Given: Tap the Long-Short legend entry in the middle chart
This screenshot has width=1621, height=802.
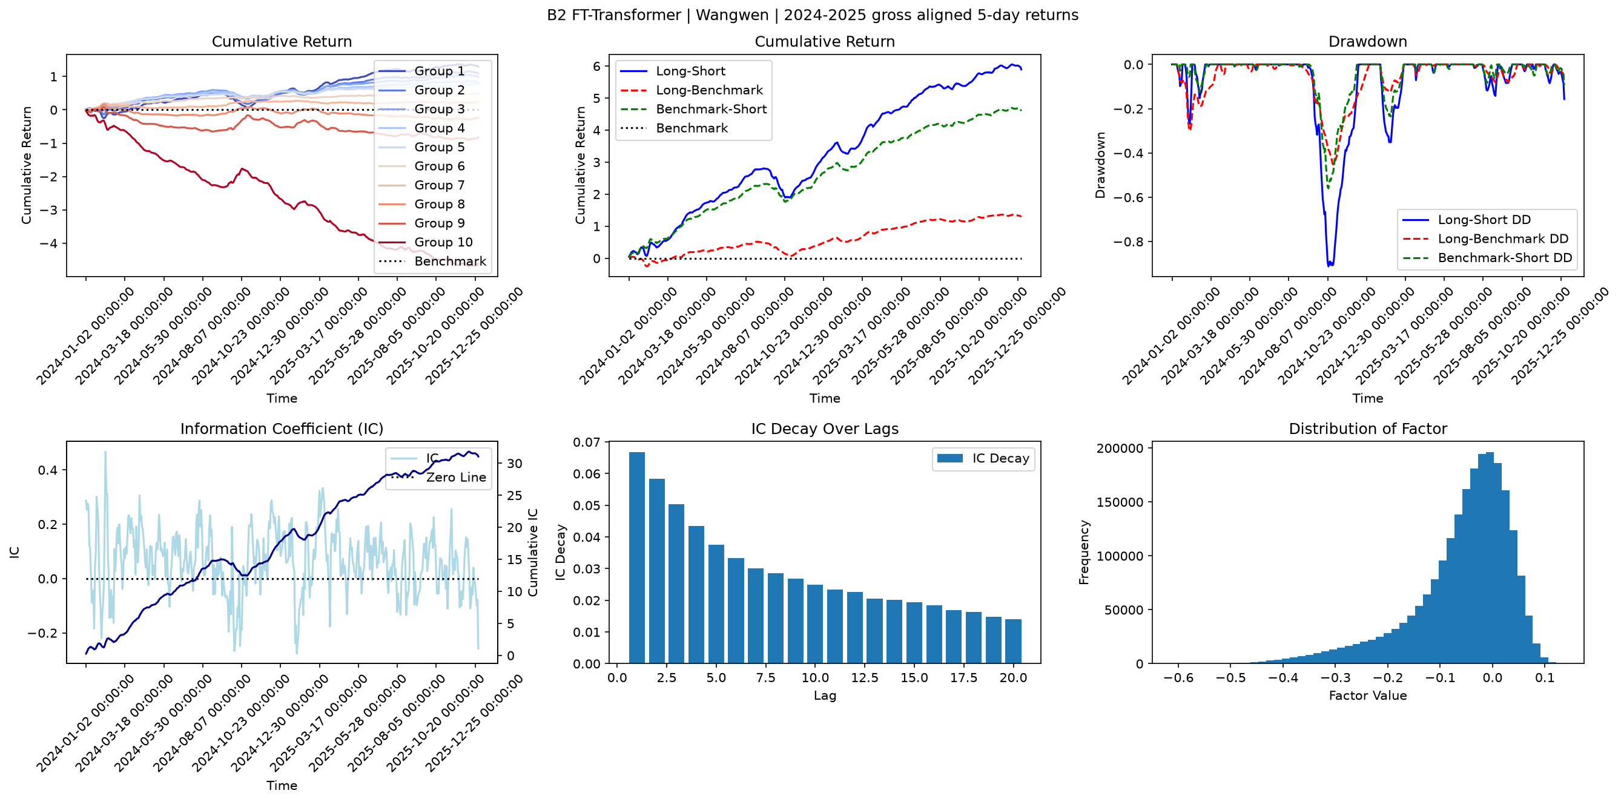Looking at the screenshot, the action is [673, 71].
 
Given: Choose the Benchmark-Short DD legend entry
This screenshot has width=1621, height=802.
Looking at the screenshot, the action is [1487, 258].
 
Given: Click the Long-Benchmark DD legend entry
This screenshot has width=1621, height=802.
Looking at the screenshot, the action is [1485, 239].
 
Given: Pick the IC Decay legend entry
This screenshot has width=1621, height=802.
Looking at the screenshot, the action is [983, 459].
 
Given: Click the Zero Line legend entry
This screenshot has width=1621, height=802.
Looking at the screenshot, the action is [438, 478].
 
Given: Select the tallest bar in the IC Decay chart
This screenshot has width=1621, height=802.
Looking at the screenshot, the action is [637, 557].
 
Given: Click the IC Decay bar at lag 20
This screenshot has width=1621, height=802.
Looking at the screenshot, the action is [1013, 641].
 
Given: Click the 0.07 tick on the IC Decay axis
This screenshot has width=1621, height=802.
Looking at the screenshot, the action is [587, 442].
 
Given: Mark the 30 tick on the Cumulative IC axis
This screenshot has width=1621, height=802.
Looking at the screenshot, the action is [515, 464].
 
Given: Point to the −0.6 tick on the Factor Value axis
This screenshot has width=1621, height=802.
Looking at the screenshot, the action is [1178, 677].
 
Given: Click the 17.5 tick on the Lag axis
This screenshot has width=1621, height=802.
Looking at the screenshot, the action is [964, 677].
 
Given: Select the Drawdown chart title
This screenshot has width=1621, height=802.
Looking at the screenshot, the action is [1367, 42].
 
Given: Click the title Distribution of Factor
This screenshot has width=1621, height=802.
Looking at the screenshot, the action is [1368, 429].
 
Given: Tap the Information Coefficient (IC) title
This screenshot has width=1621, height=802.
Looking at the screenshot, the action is [282, 429].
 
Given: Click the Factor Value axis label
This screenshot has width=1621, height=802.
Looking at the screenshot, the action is [1368, 695].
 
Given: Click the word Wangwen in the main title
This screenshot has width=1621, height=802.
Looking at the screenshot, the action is [733, 15].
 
